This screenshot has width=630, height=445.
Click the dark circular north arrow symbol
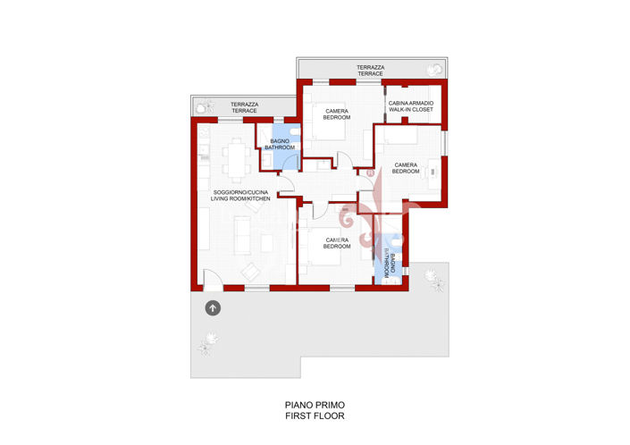click(x=213, y=308)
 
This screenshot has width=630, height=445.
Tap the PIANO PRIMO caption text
click(x=315, y=405)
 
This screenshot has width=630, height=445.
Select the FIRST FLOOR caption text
click(x=315, y=416)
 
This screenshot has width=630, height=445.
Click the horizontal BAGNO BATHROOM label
click(x=280, y=144)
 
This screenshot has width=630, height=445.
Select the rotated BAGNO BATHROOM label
click(x=390, y=266)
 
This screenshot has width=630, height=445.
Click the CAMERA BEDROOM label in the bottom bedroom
click(x=337, y=243)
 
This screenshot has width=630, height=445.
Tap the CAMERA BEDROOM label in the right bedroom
click(x=406, y=168)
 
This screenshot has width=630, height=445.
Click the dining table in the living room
click(x=237, y=160)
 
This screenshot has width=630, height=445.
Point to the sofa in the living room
click(x=242, y=235)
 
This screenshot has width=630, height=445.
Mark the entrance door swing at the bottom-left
click(x=213, y=280)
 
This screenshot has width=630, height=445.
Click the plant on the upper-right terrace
click(x=434, y=71)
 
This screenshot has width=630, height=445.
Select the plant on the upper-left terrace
click(x=205, y=107)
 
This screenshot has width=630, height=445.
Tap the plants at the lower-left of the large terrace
click(x=209, y=343)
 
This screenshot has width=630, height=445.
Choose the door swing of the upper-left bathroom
click(x=290, y=163)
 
